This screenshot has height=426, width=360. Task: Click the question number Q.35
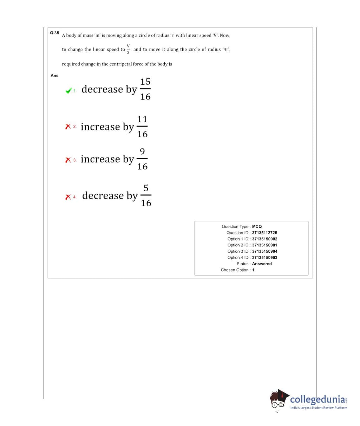point(54,33)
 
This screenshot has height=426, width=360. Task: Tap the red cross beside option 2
point(68,127)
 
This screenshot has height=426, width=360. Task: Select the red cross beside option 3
point(68,160)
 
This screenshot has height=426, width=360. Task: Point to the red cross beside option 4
point(68,196)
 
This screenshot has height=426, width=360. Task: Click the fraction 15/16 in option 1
point(145,89)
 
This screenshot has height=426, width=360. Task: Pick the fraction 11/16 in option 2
point(142,127)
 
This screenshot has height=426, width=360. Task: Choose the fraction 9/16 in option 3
point(142,159)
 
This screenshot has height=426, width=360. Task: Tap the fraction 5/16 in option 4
point(146,195)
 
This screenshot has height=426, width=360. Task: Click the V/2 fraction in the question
point(129,49)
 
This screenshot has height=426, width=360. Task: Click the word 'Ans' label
point(54,76)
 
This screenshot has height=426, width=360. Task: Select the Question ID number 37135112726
point(264,233)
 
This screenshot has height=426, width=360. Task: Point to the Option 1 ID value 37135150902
point(264,239)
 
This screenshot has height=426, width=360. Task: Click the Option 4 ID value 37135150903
point(264,258)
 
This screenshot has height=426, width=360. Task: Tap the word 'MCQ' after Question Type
point(257,227)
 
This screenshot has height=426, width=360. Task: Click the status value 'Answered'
point(262,264)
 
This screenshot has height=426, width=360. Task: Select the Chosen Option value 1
point(253,270)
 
